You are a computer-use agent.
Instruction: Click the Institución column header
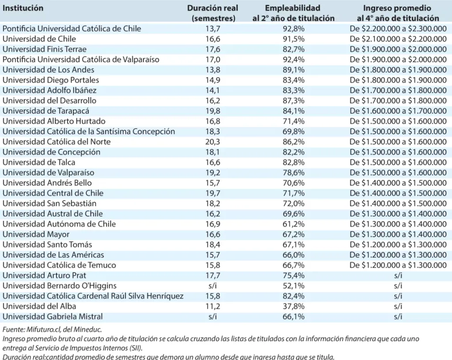pyautogui.click(x=23, y=8)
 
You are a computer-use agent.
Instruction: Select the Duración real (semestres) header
pyautogui.click(x=213, y=13)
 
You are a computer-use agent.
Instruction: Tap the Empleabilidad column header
pyautogui.click(x=293, y=13)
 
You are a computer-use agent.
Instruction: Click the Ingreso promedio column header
pyautogui.click(x=398, y=13)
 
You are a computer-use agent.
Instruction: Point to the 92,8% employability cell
pyautogui.click(x=293, y=29)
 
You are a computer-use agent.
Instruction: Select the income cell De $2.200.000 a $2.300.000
pyautogui.click(x=398, y=29)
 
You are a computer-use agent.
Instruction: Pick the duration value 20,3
pyautogui.click(x=213, y=142)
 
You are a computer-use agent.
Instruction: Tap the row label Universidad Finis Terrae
pyautogui.click(x=45, y=49)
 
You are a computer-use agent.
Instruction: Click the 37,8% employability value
pyautogui.click(x=293, y=306)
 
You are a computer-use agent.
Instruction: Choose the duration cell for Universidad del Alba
pyautogui.click(x=213, y=306)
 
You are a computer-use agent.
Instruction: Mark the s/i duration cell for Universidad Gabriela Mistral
pyautogui.click(x=213, y=316)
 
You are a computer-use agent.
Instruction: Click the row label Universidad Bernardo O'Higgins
pyautogui.click(x=60, y=286)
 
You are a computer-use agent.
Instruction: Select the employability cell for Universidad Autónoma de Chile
pyautogui.click(x=293, y=224)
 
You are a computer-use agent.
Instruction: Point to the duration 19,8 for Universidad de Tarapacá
pyautogui.click(x=213, y=111)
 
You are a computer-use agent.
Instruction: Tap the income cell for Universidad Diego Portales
pyautogui.click(x=398, y=80)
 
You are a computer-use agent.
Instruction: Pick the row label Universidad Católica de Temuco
pyautogui.click(x=59, y=265)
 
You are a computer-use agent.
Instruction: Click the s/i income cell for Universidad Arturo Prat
pyautogui.click(x=398, y=276)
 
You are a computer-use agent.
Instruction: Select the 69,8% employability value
pyautogui.click(x=293, y=132)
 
